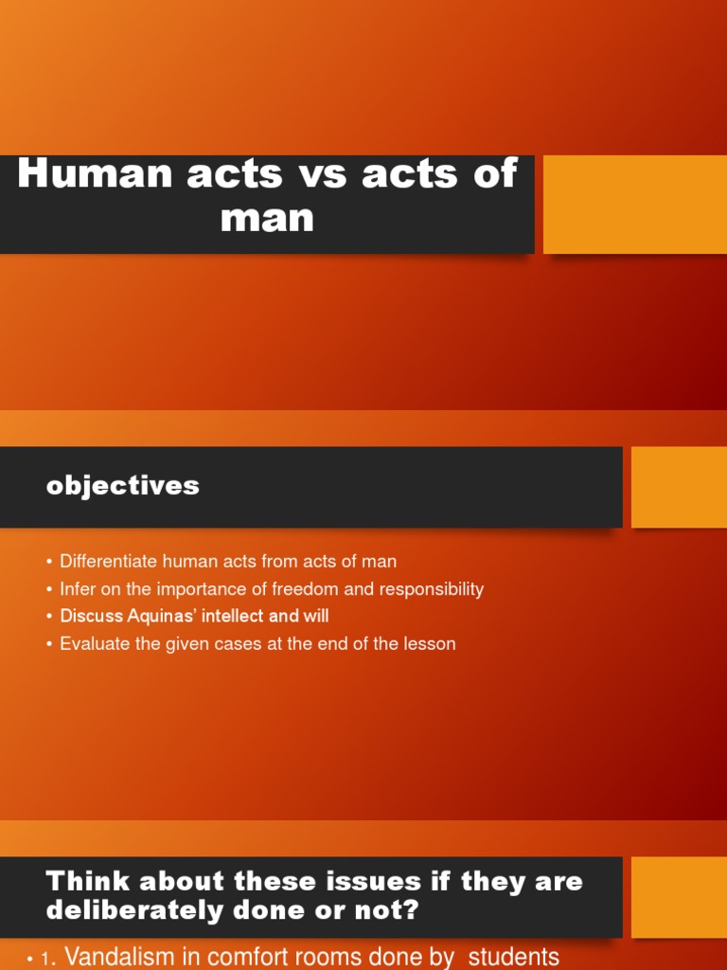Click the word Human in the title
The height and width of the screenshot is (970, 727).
(81, 174)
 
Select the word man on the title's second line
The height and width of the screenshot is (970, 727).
(267, 218)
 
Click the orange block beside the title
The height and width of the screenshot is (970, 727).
(634, 205)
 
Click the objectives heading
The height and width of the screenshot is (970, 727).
(123, 486)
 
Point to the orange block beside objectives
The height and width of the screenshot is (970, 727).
(679, 487)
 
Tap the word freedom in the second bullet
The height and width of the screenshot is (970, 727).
(305, 589)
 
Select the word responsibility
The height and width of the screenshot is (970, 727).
(431, 589)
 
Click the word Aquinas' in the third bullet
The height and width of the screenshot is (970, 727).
(160, 617)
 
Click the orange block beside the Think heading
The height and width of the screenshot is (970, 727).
(679, 897)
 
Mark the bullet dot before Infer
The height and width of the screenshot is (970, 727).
(49, 589)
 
